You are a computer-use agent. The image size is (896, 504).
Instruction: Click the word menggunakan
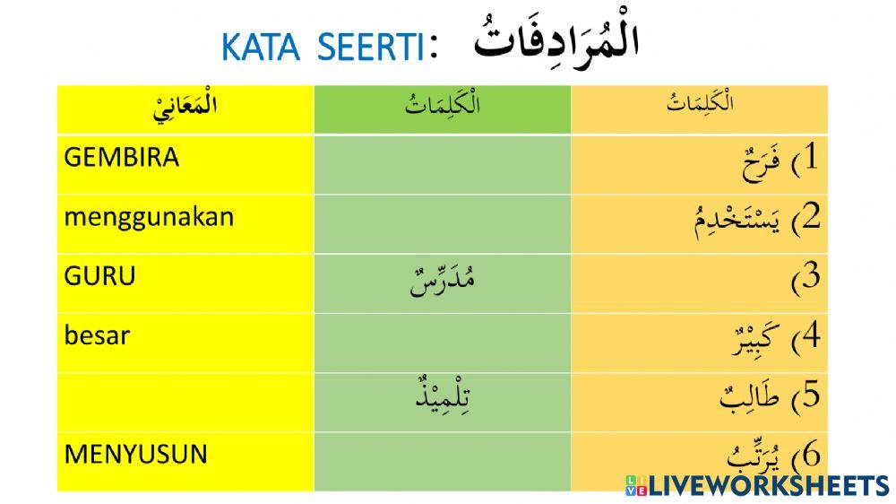tap(149, 218)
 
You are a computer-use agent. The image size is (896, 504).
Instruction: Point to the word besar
tap(97, 335)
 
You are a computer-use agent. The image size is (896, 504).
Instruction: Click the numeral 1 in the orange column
tap(810, 159)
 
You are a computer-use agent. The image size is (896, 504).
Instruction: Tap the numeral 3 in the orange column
tap(810, 277)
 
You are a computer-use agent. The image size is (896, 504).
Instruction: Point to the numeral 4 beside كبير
tap(810, 335)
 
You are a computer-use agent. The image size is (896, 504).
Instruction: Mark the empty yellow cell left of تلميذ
tap(185, 395)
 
